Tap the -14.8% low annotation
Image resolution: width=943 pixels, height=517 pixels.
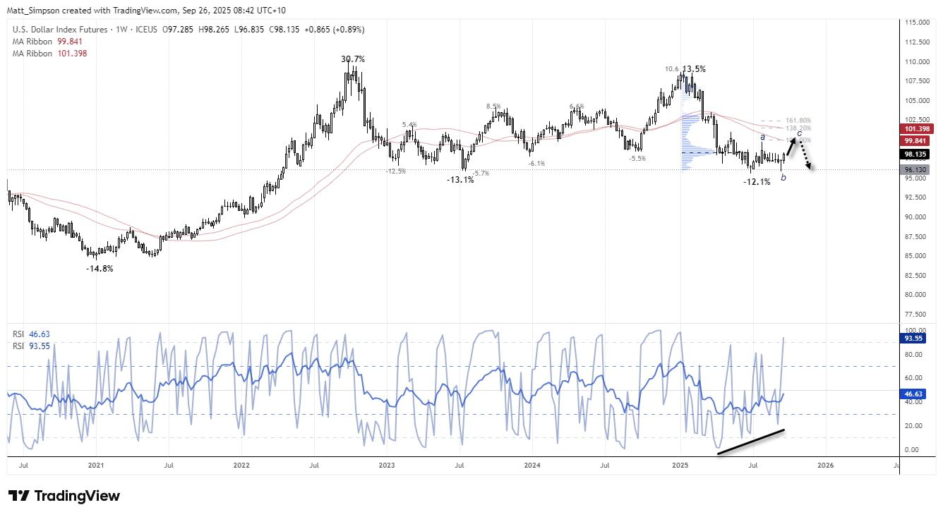click(99, 269)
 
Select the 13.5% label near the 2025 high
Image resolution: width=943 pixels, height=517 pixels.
click(694, 69)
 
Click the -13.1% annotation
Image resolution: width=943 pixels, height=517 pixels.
click(460, 180)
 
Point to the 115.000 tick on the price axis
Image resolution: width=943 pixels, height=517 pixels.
click(917, 23)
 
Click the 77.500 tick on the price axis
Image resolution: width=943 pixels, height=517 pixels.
click(917, 314)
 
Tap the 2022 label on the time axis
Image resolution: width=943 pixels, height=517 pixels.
click(241, 466)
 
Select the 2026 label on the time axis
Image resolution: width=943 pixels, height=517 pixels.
click(825, 466)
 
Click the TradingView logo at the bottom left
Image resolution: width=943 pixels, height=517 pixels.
click(64, 496)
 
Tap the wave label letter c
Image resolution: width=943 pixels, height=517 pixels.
click(799, 133)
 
